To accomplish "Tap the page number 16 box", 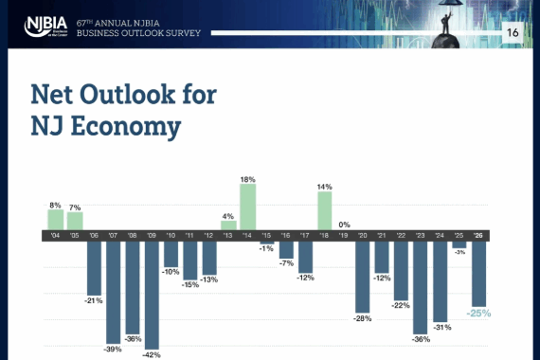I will coord(513,32).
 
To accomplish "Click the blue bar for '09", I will coord(152,294).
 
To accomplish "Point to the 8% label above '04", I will coord(55,204).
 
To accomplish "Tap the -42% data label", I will coord(152,355).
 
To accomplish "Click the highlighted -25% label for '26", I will coord(479,313).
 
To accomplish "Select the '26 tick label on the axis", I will coord(479,235).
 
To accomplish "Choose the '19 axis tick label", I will coord(344,235).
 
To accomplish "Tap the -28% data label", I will coord(363,318).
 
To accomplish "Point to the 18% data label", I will coord(248,179).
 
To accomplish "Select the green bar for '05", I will coord(75,220).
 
